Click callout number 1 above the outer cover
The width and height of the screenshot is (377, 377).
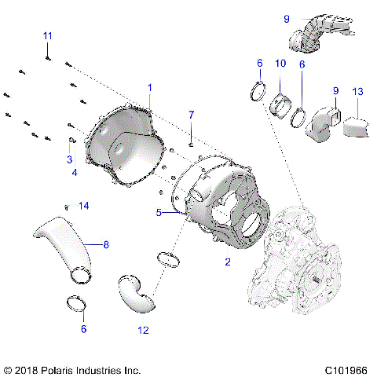click(x=150, y=86)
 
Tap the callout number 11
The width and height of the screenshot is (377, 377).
click(x=47, y=36)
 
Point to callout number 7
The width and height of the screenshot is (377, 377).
click(x=190, y=115)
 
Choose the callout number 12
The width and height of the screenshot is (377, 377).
click(x=143, y=331)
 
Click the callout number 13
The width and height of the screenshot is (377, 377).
click(x=358, y=92)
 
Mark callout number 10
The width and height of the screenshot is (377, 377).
click(x=280, y=63)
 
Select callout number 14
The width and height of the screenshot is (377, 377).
click(x=84, y=206)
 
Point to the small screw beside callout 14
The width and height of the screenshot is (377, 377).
click(x=68, y=207)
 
